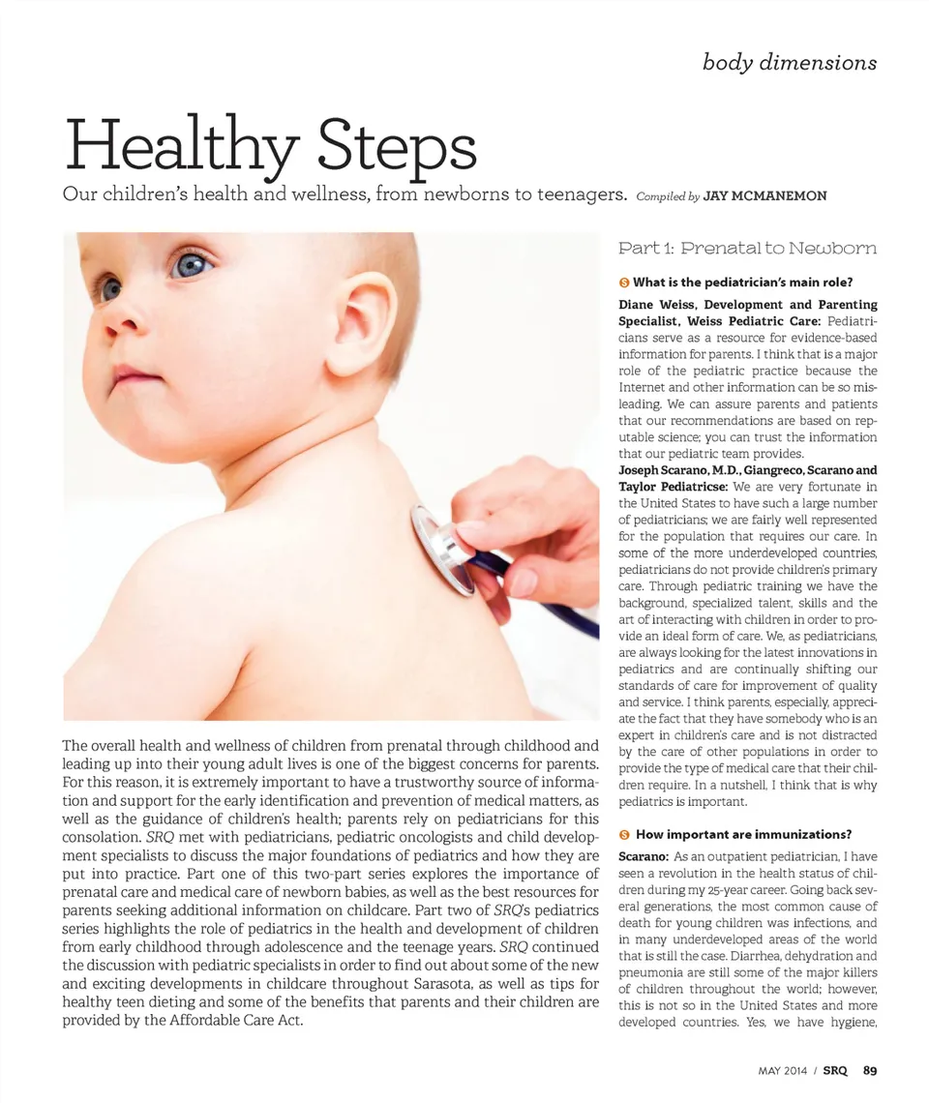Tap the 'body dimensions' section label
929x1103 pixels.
(790, 63)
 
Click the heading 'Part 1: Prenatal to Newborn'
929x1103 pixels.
(747, 249)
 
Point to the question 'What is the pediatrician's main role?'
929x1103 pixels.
(742, 283)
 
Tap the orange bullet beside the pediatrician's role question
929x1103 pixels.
(624, 283)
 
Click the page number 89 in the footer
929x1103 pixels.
(870, 1070)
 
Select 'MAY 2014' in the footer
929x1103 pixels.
(783, 1070)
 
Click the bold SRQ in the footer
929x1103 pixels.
(836, 1070)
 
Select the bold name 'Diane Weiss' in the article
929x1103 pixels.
(654, 305)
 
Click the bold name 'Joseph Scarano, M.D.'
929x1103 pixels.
(682, 470)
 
